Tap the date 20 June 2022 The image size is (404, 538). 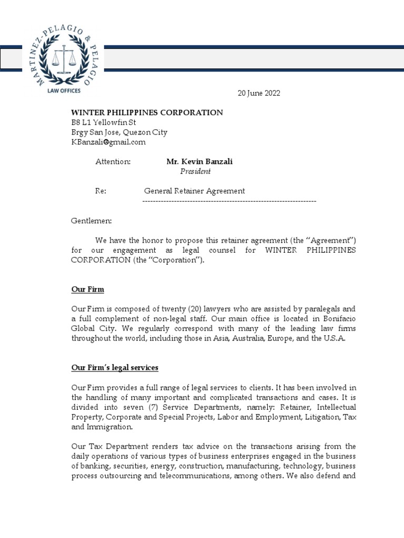(259, 93)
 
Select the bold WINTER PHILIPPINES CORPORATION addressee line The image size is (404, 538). (147, 112)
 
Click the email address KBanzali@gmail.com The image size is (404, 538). (108, 142)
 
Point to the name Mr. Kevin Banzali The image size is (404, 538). (199, 161)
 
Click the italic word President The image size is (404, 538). (196, 171)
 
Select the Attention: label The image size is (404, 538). (113, 161)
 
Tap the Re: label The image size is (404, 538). (100, 191)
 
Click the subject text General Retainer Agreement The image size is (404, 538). (195, 191)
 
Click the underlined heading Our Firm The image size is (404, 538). (87, 288)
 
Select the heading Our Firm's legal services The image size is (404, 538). (115, 367)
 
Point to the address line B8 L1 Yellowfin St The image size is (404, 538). (104, 122)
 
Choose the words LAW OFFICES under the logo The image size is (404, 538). (65, 90)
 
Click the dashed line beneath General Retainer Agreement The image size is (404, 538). (229, 201)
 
